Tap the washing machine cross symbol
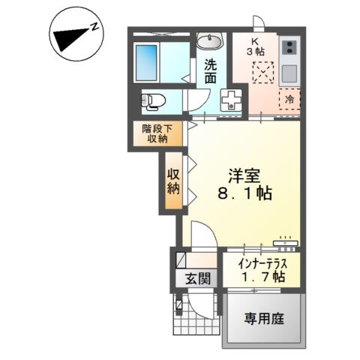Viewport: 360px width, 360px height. (x=232, y=99)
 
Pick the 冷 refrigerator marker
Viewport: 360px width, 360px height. (x=289, y=98)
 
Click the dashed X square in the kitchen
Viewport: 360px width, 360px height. (x=263, y=73)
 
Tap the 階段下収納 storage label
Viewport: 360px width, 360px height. (x=156, y=133)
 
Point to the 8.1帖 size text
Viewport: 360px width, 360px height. (x=245, y=193)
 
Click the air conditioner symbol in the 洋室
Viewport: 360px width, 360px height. (x=285, y=241)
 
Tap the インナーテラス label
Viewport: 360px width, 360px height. (x=260, y=263)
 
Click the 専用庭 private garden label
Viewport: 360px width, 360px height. (x=264, y=318)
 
